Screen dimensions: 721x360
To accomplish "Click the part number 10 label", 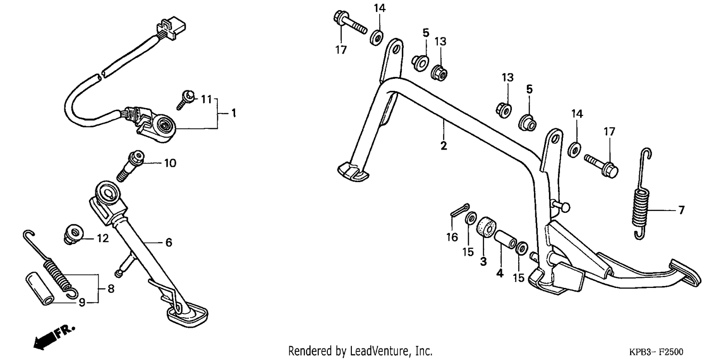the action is coord(170,163).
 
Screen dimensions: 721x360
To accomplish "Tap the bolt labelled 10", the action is coord(130,166).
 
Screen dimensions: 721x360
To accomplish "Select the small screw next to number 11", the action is coord(186,99).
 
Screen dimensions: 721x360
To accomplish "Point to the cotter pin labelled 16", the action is coord(460,210).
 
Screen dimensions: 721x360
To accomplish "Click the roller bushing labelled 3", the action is coord(486,231).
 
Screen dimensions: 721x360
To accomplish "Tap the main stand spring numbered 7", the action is coord(642,194).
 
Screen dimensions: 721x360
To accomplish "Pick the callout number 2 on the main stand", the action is coord(444,146).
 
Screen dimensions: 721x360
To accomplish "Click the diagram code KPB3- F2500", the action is coord(656,352).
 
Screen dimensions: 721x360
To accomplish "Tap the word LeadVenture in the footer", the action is coord(374,350).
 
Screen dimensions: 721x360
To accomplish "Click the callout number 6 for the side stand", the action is coord(169,243).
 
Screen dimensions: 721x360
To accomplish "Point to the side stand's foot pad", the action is coord(187,316).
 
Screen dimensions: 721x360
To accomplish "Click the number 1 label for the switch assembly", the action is coord(234,113).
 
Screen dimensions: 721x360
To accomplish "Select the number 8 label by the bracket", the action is coord(111,289).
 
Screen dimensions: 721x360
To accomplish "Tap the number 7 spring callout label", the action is coord(682,210).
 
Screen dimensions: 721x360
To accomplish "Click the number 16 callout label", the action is coord(452,237).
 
